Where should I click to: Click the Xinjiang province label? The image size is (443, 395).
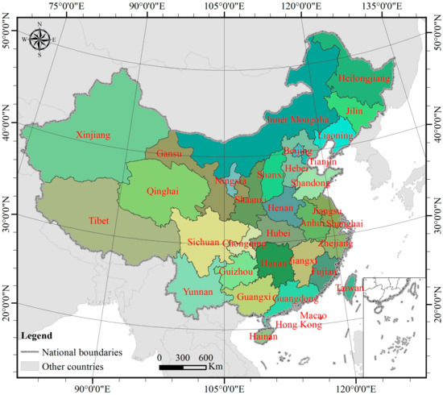click(91, 135)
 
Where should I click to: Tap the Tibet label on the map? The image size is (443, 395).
click(99, 219)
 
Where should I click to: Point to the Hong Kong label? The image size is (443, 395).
click(298, 325)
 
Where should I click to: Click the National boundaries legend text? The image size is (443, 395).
click(81, 351)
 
